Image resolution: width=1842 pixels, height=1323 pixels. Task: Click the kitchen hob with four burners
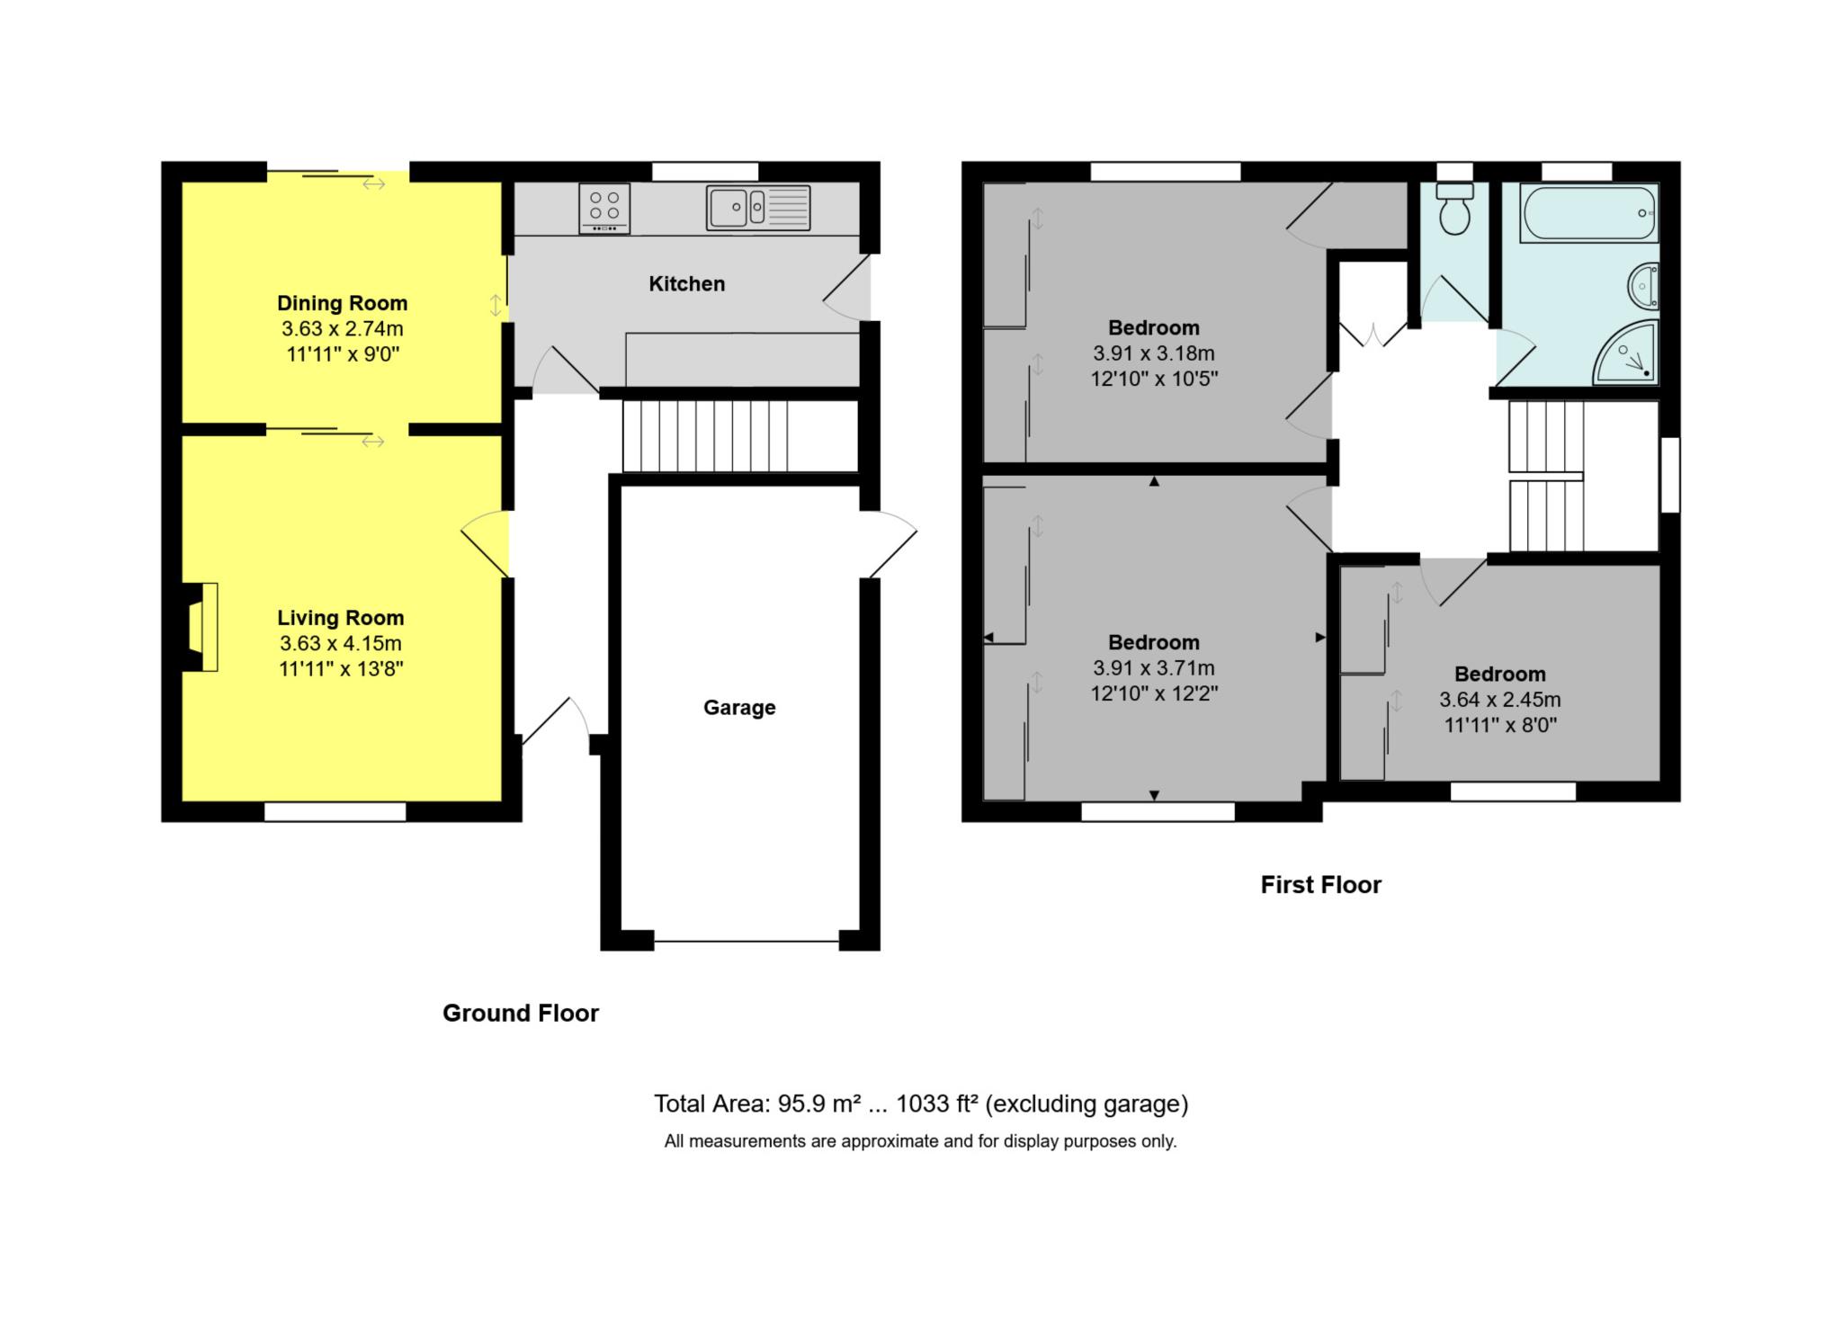pyautogui.click(x=604, y=208)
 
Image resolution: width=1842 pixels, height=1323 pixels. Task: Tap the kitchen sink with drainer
pyautogui.click(x=758, y=208)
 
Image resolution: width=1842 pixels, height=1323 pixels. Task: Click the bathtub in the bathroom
pyautogui.click(x=1589, y=213)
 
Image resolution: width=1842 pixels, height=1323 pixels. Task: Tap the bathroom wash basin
pyautogui.click(x=1644, y=287)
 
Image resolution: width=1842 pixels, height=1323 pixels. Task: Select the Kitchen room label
pyautogui.click(x=686, y=284)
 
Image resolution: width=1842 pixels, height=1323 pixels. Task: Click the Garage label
pyautogui.click(x=739, y=708)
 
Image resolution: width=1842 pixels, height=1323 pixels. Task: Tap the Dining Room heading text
pyautogui.click(x=342, y=303)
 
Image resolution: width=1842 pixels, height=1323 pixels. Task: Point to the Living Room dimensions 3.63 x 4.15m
pyautogui.click(x=341, y=644)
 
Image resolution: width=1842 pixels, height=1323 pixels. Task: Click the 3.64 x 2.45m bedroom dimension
pyautogui.click(x=1500, y=700)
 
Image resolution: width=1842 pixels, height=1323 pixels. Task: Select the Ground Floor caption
pyautogui.click(x=521, y=1014)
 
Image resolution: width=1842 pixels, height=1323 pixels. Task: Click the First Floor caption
pyautogui.click(x=1320, y=885)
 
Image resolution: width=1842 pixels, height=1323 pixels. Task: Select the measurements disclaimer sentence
pyautogui.click(x=920, y=1141)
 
